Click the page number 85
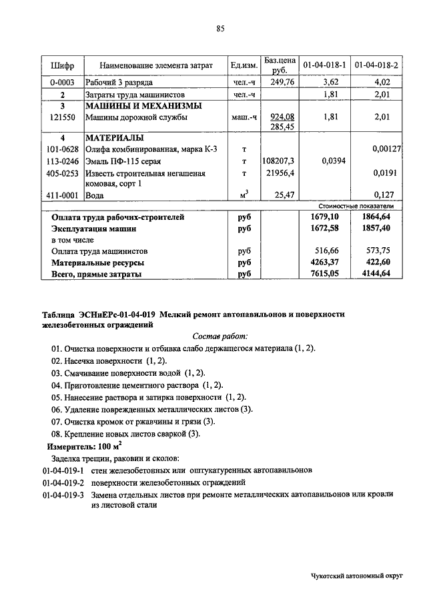point(220,27)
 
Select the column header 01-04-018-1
point(324,65)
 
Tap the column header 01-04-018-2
point(376,65)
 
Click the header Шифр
point(62,65)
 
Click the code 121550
point(62,117)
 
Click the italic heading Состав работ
point(220,337)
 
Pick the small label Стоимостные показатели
point(362,207)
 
